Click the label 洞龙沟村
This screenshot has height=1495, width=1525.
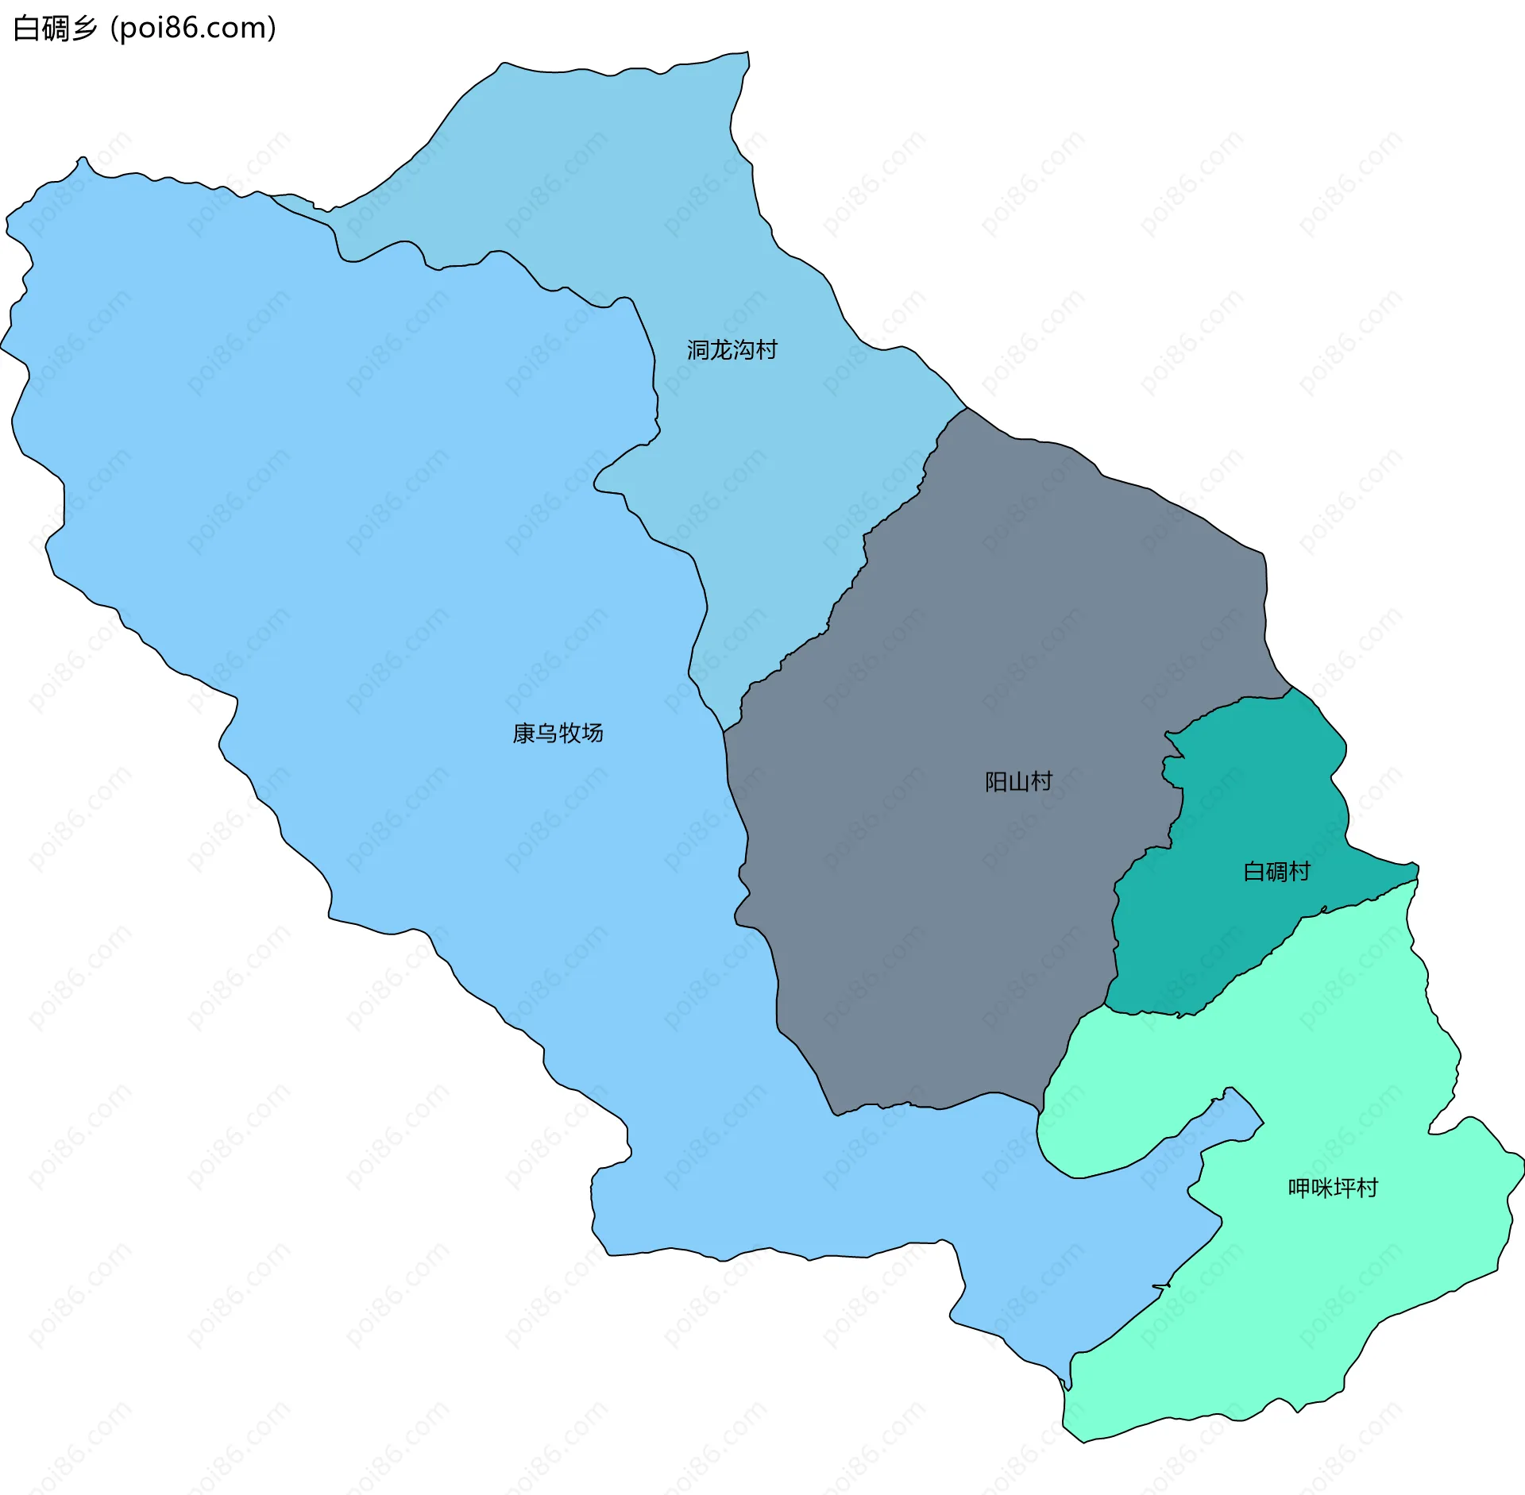coord(732,350)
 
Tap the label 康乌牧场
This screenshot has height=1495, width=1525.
coord(558,733)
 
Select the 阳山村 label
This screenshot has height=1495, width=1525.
coord(1018,782)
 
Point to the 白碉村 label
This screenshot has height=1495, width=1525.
coord(1276,872)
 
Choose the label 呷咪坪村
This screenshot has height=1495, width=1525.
coord(1333,1189)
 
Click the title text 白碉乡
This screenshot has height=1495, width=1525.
coord(56,29)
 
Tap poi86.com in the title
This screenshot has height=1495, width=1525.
coord(193,29)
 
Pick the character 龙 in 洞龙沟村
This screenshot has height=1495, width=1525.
coord(720,350)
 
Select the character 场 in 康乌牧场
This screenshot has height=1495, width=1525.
coord(592,733)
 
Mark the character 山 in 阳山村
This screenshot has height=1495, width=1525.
coord(1018,782)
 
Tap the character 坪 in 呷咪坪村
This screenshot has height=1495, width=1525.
coord(1344,1189)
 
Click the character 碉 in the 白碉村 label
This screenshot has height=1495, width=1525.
coord(1276,872)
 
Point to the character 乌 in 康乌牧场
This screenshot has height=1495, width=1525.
coord(546,733)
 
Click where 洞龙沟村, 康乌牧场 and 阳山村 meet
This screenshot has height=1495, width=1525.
coord(724,730)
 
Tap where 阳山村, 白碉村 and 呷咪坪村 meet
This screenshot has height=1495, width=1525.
coord(1105,1007)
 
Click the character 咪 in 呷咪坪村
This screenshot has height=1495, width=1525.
coord(1322,1189)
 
